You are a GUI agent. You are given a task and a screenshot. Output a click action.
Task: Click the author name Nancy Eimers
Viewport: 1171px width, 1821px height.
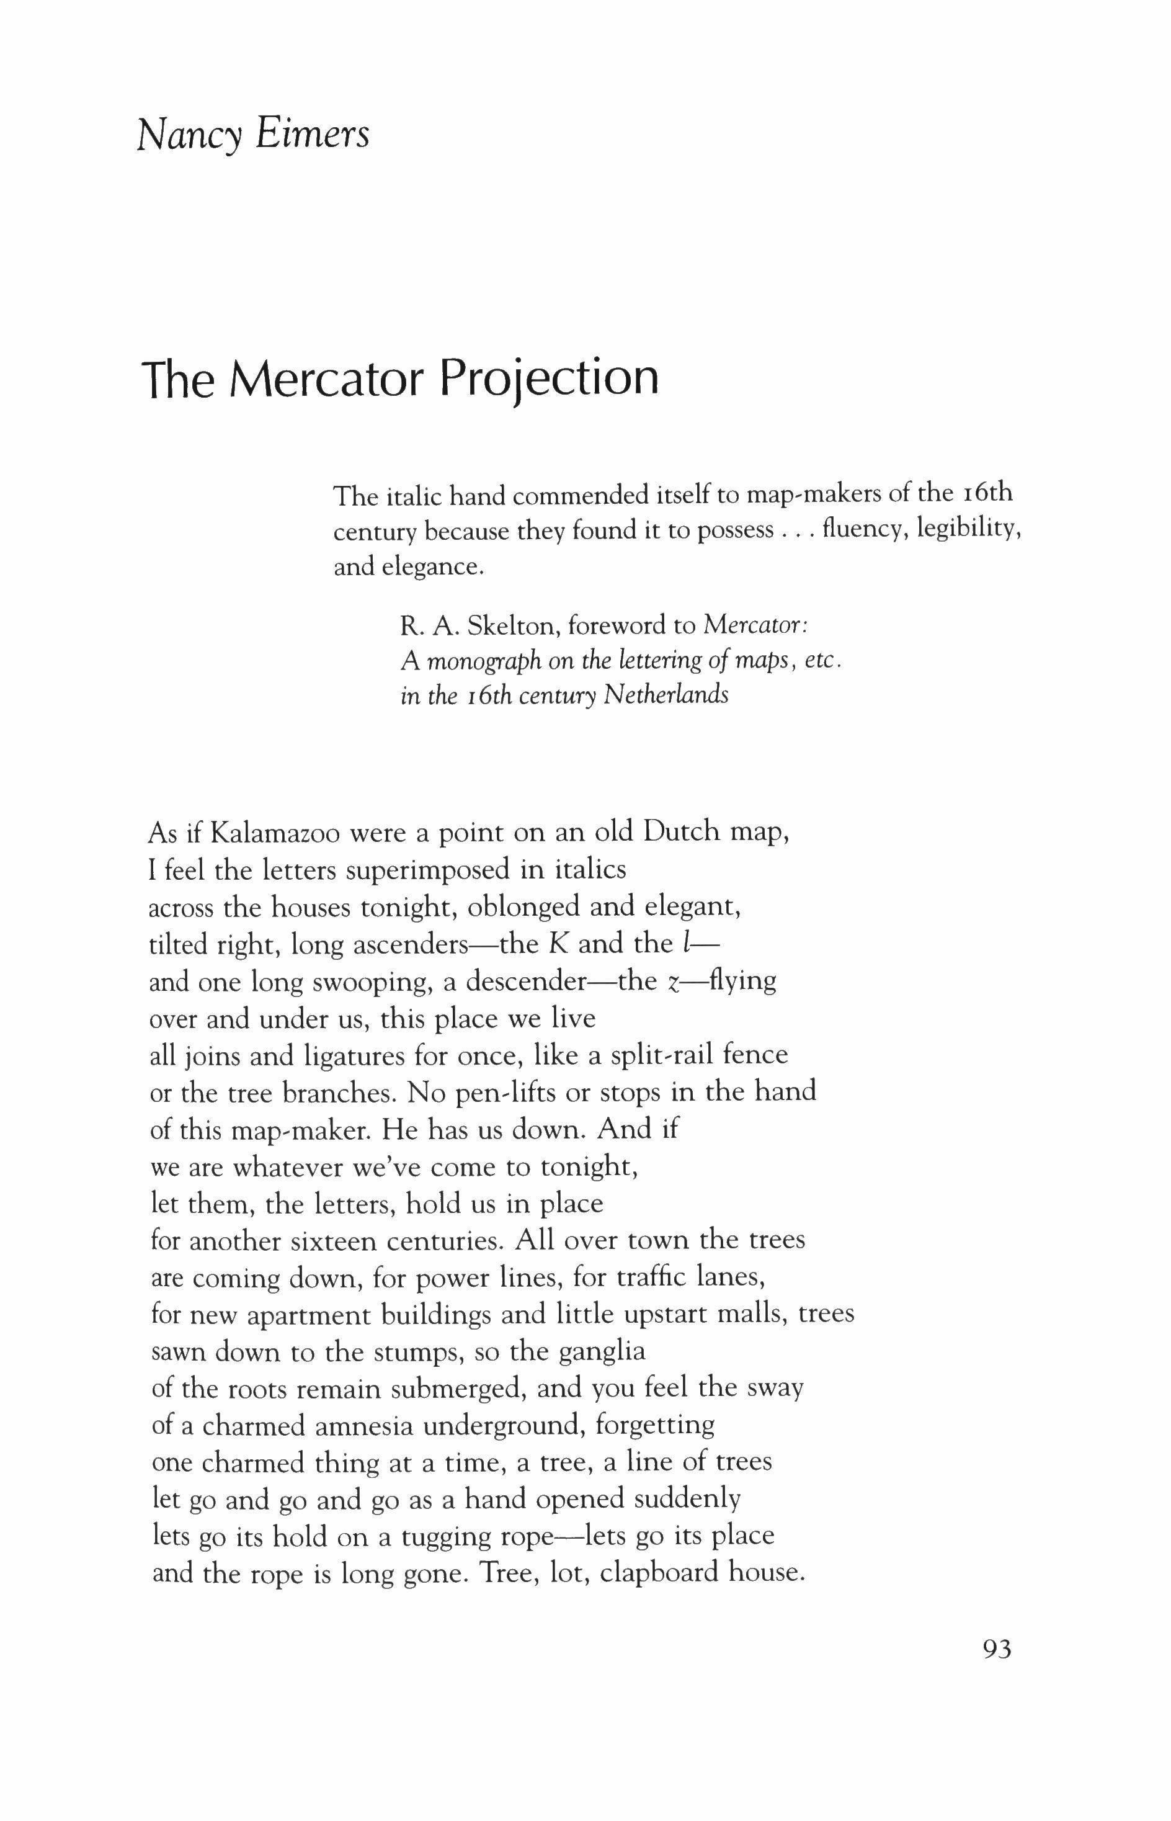[x=253, y=135]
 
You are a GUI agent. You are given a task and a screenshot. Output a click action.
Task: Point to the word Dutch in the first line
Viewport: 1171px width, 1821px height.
[x=680, y=832]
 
